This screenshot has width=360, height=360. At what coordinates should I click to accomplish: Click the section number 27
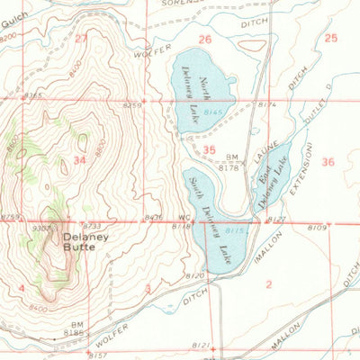click(x=82, y=38)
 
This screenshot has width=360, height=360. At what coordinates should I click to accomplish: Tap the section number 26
click(x=205, y=39)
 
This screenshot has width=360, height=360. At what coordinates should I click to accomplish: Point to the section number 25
click(x=330, y=38)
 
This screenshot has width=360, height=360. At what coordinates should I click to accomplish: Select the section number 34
click(x=79, y=161)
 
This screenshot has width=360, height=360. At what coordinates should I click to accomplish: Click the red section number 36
click(x=327, y=162)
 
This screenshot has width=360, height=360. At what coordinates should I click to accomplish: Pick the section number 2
click(x=268, y=284)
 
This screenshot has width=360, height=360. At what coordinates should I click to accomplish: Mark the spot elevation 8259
click(x=132, y=106)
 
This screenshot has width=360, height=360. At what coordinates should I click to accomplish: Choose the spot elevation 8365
click(x=34, y=94)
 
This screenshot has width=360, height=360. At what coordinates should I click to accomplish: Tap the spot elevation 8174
click(x=268, y=106)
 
